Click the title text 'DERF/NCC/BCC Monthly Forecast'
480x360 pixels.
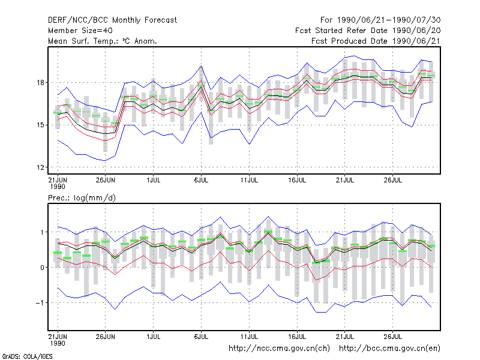(112, 20)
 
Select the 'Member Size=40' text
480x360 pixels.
(80, 31)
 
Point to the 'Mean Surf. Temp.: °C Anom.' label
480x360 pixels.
(103, 41)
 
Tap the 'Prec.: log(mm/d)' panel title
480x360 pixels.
(82, 198)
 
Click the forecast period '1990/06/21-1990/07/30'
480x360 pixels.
(389, 20)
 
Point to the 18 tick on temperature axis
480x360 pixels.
(41, 83)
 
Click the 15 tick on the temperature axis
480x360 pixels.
(41, 125)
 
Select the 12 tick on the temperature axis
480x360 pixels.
(41, 167)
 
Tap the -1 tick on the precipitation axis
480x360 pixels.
(40, 303)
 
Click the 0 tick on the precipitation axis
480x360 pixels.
(42, 268)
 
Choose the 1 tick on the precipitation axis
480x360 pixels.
(42, 232)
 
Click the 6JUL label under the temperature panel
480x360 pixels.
(201, 181)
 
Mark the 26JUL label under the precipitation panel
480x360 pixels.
(393, 337)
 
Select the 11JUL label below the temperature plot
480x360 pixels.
(249, 181)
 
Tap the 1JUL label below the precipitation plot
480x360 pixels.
(154, 337)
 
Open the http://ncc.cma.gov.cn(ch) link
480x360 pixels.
(279, 349)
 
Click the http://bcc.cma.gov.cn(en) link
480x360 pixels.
(389, 349)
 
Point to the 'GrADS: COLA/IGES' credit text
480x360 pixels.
(27, 356)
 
